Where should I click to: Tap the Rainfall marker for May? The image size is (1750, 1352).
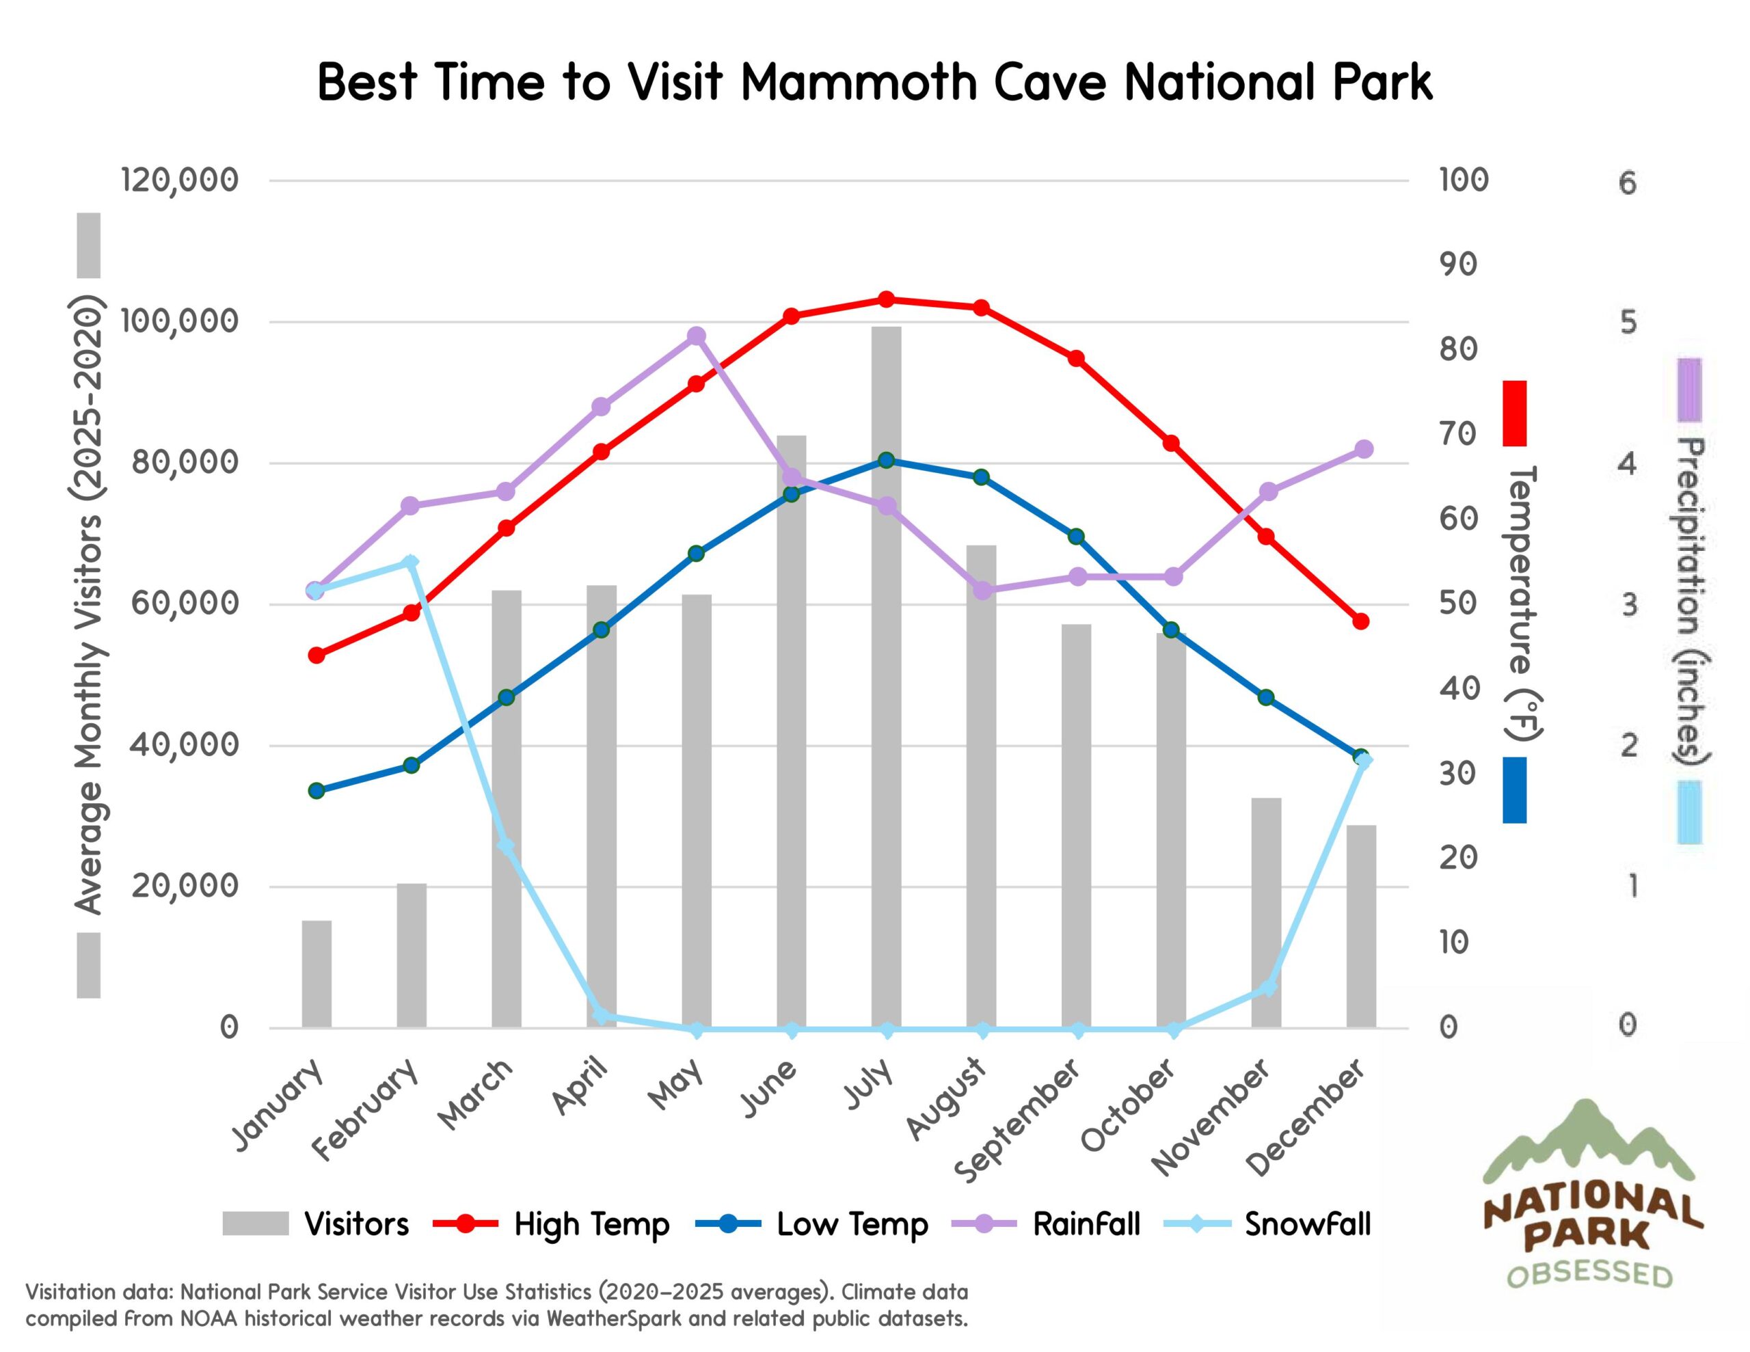pos(697,336)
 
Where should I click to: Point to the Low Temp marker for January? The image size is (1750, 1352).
pos(317,791)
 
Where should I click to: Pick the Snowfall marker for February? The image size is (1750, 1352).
pos(410,562)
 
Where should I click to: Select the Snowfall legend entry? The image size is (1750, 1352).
pos(1307,1223)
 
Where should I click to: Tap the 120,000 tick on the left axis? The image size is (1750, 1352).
pos(180,180)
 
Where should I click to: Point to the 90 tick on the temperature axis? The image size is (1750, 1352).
pos(1457,264)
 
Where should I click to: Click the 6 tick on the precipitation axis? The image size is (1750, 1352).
pos(1626,184)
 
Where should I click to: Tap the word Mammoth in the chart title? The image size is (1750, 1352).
pos(859,83)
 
